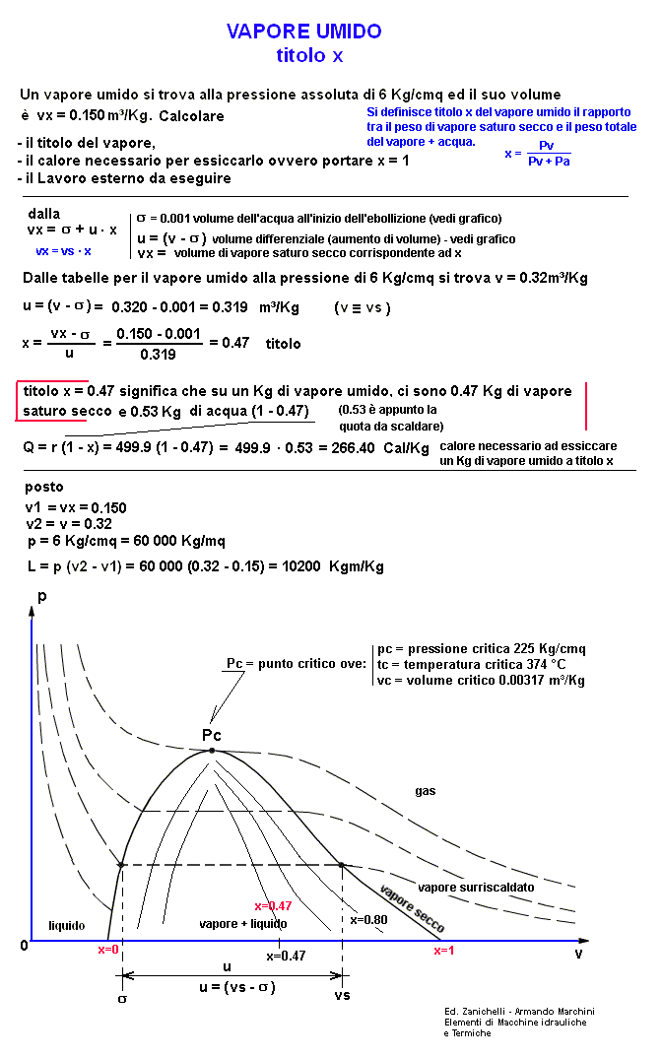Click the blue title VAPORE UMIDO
tap(303, 33)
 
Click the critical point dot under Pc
tap(212, 751)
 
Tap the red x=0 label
tap(108, 950)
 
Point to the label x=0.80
tap(369, 919)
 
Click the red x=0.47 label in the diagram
tap(273, 905)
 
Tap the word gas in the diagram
tap(425, 790)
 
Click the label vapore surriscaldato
tap(476, 888)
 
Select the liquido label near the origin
tap(67, 926)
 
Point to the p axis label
tap(40, 596)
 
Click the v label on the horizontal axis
tap(578, 955)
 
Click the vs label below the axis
tap(342, 996)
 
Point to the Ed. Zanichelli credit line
tap(519, 1012)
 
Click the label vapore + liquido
tap(242, 924)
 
